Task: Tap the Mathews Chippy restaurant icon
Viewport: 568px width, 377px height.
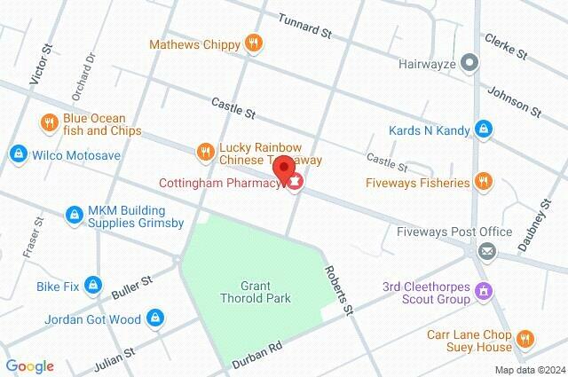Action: pos(255,43)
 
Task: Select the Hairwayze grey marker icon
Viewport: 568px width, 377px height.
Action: pos(471,62)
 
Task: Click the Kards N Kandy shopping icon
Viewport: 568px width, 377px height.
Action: pos(482,130)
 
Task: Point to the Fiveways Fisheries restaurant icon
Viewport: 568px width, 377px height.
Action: pos(482,183)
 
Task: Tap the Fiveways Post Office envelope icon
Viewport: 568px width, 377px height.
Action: pos(485,251)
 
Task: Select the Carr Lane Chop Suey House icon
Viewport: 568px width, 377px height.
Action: pos(525,338)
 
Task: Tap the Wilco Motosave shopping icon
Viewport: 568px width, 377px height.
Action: pos(18,154)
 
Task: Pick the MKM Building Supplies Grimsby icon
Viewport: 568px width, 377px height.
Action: pos(75,215)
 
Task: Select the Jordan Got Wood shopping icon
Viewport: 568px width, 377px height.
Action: pos(154,317)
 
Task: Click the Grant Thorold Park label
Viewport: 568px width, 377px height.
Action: pos(252,292)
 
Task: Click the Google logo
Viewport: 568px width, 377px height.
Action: pos(29,365)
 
